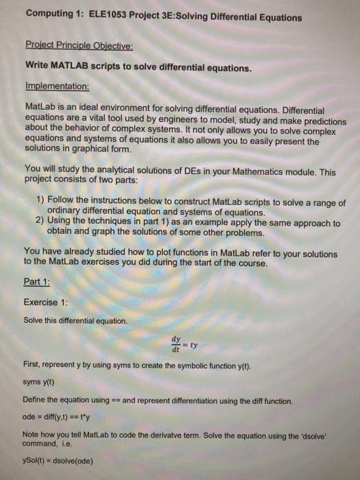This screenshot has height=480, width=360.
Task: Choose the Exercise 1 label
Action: coord(46,302)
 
